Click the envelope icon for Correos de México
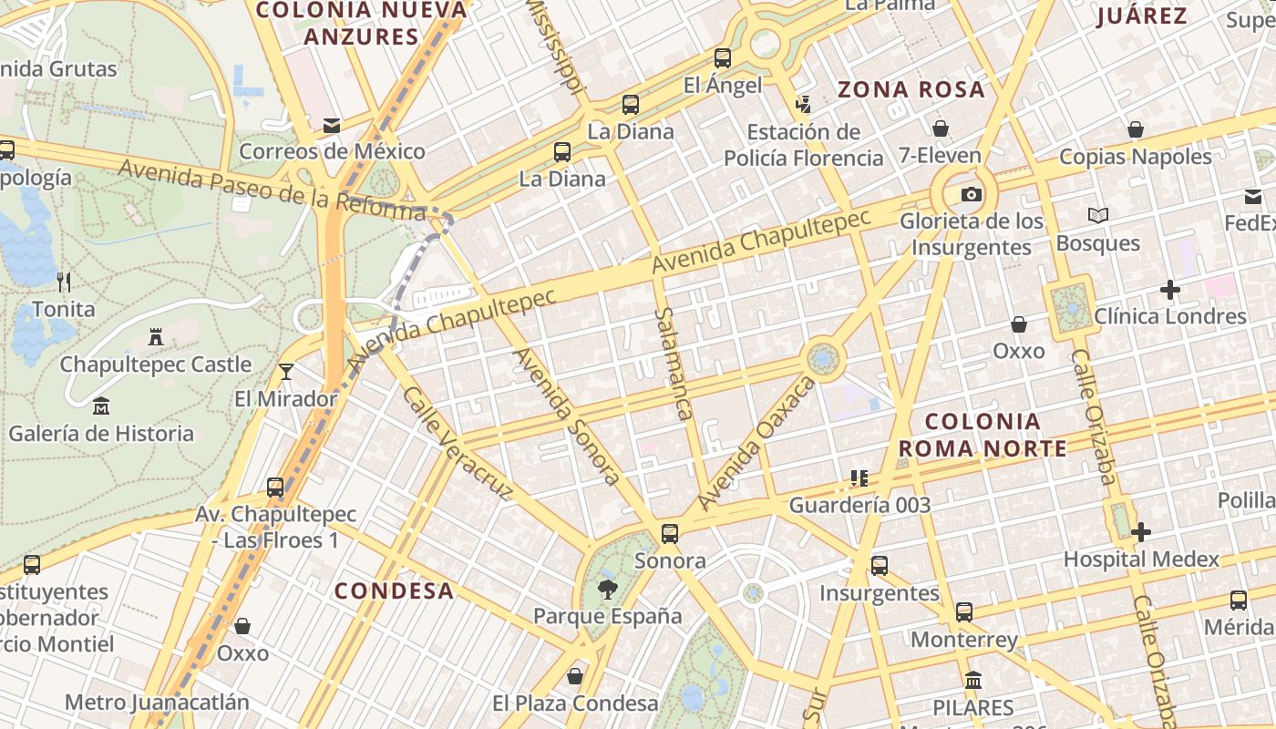pos(332,126)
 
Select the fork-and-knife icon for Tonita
pos(64,282)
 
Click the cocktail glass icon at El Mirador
pos(286,372)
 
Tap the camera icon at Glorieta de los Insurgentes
pos(972,194)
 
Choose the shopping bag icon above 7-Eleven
pos(940,129)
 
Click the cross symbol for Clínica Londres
pos(1170,291)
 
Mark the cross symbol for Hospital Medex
pos(1141,532)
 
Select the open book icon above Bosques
pos(1098,216)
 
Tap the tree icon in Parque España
pos(607,590)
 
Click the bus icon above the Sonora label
pos(670,534)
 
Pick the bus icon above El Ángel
pos(723,58)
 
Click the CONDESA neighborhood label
pos(394,590)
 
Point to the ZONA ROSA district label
pos(911,89)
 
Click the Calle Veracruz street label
pos(458,443)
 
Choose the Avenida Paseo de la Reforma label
pos(272,190)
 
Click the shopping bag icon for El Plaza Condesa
pos(575,676)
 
